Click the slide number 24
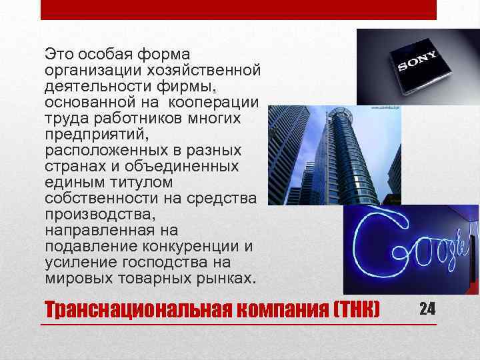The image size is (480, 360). pos(427,309)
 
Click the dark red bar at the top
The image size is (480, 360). pos(239,9)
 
